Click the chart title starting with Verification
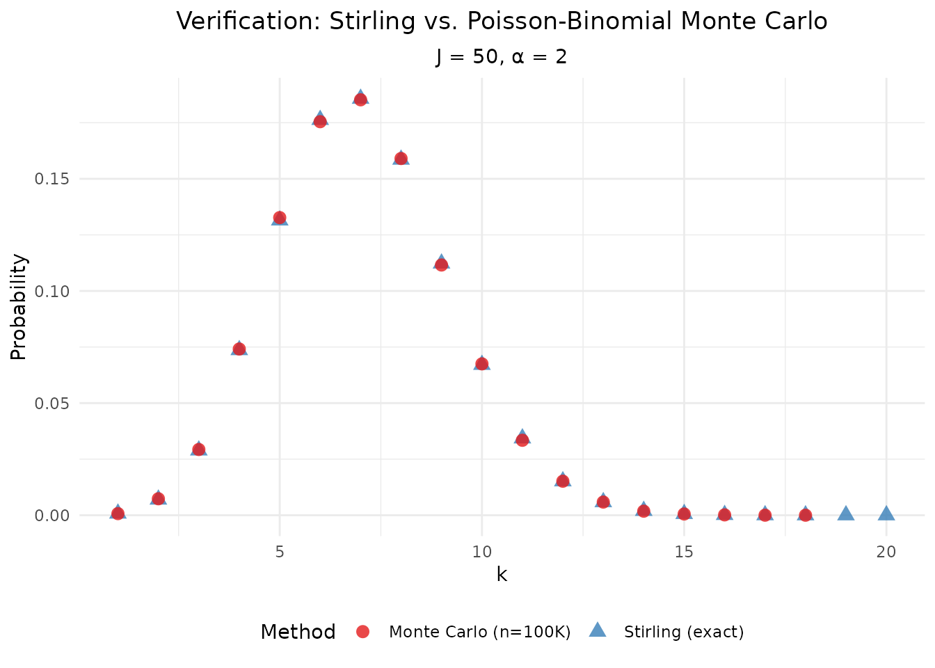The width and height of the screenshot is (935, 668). pyautogui.click(x=502, y=21)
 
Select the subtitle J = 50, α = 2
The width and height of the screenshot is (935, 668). pyautogui.click(x=502, y=56)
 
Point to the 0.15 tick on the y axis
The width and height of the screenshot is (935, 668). pyautogui.click(x=51, y=179)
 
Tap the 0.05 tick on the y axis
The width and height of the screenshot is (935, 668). pyautogui.click(x=51, y=403)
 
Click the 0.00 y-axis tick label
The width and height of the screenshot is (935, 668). pyautogui.click(x=51, y=515)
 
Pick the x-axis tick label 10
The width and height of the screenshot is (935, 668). pyautogui.click(x=481, y=552)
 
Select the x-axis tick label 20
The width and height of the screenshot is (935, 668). pyautogui.click(x=886, y=552)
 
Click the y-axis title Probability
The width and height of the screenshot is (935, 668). pyautogui.click(x=19, y=307)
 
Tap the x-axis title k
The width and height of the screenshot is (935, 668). pyautogui.click(x=502, y=575)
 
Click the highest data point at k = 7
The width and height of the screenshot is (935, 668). pyautogui.click(x=360, y=99)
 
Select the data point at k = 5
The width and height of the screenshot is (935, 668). pyautogui.click(x=280, y=218)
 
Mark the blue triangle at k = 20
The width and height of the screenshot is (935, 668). pyautogui.click(x=886, y=514)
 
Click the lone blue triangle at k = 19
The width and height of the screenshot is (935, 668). pyautogui.click(x=846, y=514)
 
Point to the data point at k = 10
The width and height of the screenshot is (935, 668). pyautogui.click(x=481, y=363)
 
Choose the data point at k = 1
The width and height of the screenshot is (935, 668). pyautogui.click(x=118, y=514)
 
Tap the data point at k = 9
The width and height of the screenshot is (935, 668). pyautogui.click(x=441, y=264)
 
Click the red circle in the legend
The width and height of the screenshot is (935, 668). pyautogui.click(x=362, y=631)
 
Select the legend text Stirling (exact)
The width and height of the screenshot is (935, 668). pyautogui.click(x=684, y=632)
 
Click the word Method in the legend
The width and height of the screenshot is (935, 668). pyautogui.click(x=298, y=632)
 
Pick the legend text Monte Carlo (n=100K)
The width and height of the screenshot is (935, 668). pyautogui.click(x=479, y=632)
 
